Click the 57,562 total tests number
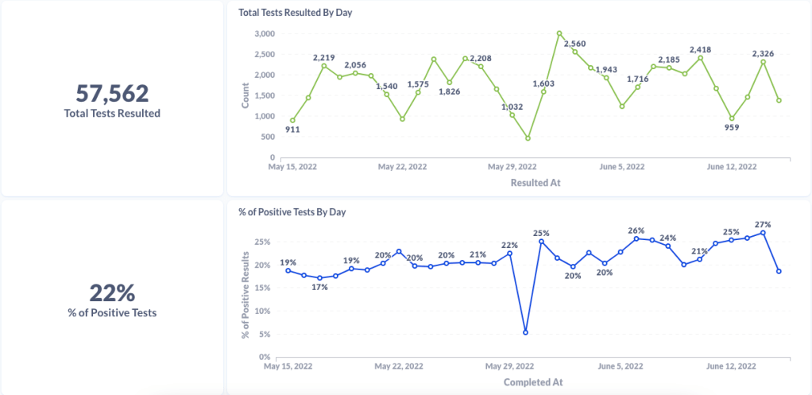coord(112,94)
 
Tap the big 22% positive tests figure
coord(112,292)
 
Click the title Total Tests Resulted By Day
coord(295,13)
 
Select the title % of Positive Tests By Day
coord(292,212)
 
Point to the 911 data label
coord(292,130)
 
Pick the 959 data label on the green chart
coord(732,127)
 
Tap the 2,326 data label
coord(763,53)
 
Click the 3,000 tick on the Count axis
coord(265,33)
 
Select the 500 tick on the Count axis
coord(268,137)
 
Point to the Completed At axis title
coord(533,381)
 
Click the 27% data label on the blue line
coord(763,224)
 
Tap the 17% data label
coord(319,287)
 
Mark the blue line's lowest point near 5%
coord(525,332)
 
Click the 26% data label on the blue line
coord(636,230)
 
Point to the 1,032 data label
coord(512,106)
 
